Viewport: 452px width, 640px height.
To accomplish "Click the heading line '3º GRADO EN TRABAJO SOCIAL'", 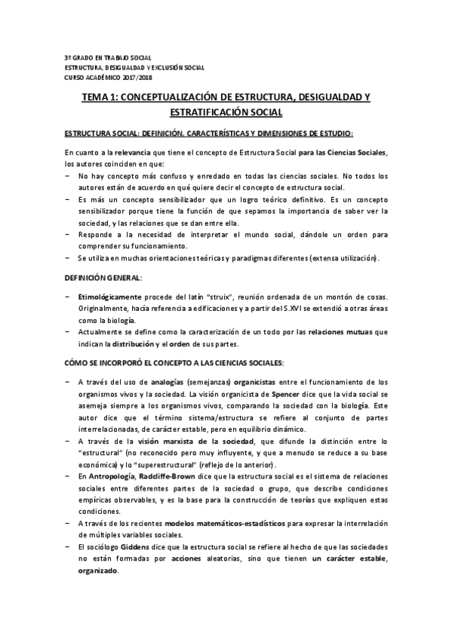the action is [108, 58].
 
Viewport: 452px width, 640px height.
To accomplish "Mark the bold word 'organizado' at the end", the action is [99, 571].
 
